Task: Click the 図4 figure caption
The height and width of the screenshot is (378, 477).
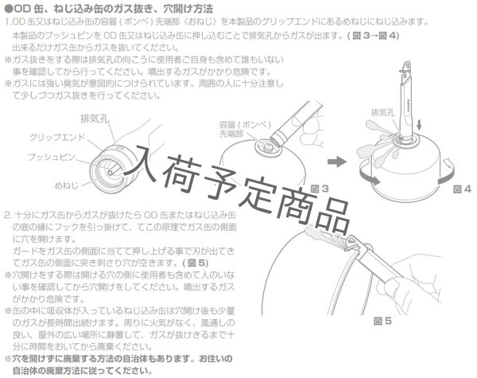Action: [462, 190]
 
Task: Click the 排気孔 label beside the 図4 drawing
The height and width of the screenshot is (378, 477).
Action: [382, 113]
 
